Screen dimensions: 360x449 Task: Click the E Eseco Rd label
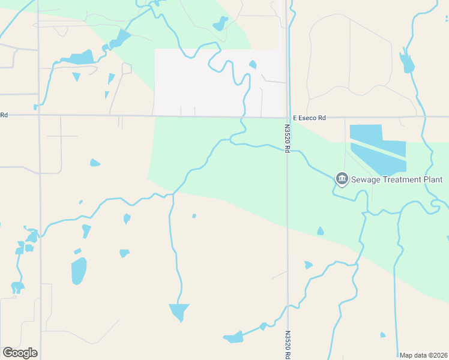tap(309, 118)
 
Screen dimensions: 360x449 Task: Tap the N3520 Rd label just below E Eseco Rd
tap(287, 139)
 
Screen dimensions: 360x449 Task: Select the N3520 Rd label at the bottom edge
tap(288, 345)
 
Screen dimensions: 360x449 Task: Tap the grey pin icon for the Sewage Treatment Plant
tap(342, 178)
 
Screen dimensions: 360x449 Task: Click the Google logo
tap(20, 353)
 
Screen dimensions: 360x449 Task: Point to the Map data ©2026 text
tap(424, 355)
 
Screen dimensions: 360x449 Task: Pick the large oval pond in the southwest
tap(79, 271)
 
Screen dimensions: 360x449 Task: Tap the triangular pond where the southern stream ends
tap(179, 311)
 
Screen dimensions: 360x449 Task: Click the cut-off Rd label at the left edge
tap(4, 115)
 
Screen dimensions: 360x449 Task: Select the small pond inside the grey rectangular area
tap(253, 64)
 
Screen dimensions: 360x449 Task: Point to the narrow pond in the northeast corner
tap(408, 62)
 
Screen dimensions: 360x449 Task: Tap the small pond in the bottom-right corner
tap(382, 335)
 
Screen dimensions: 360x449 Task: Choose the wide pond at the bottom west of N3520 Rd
tap(234, 337)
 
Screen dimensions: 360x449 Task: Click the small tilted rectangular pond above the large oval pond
tap(77, 251)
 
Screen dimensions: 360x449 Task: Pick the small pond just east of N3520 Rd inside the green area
tap(321, 231)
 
